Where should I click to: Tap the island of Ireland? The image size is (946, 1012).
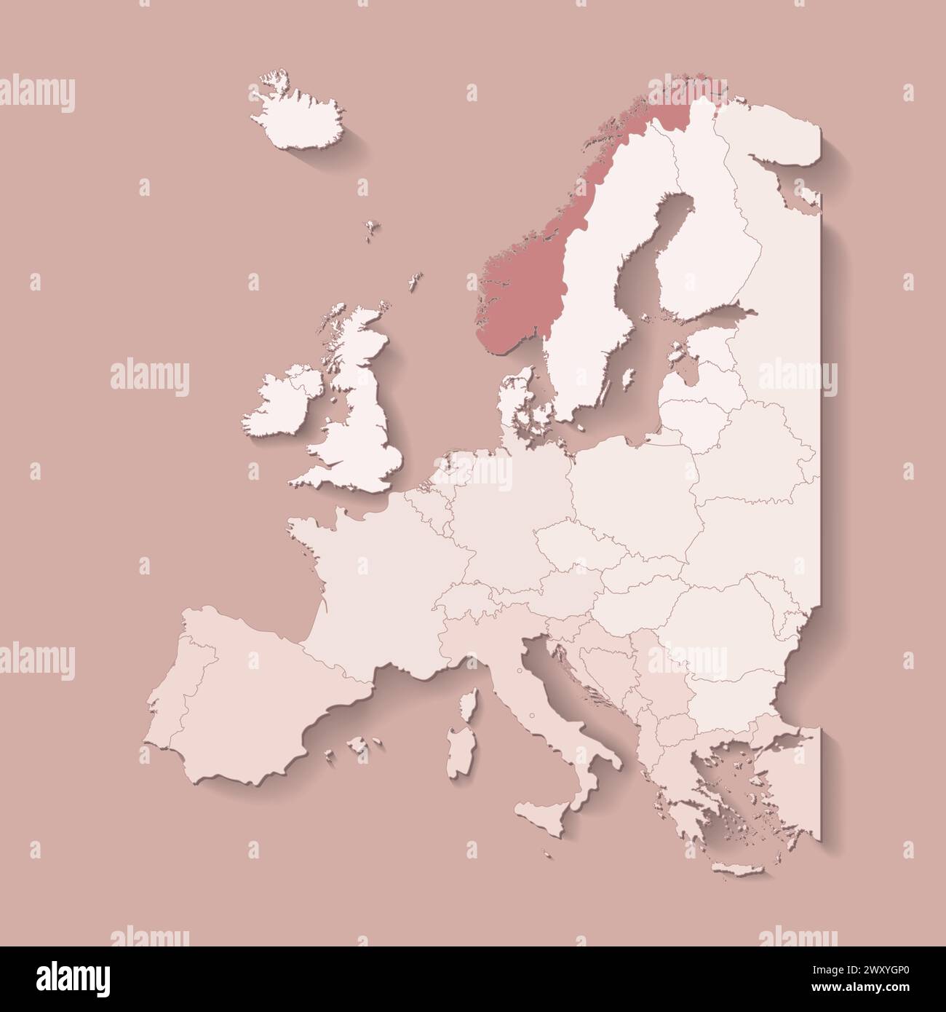click(279, 404)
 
